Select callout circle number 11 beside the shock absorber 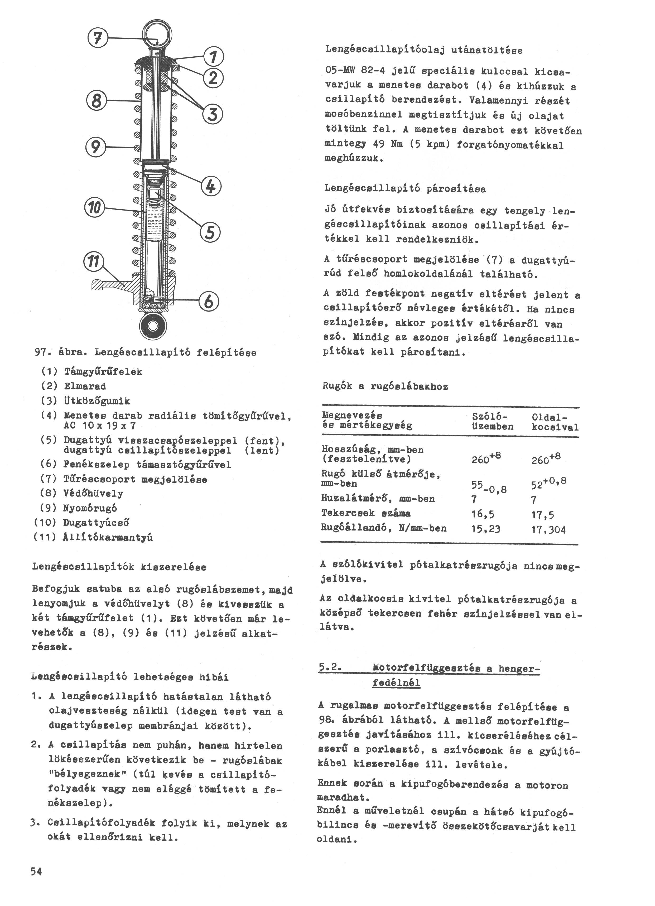(93, 262)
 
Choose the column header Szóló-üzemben (492, 421)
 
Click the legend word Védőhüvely (93, 494)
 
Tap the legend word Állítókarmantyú (108, 537)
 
